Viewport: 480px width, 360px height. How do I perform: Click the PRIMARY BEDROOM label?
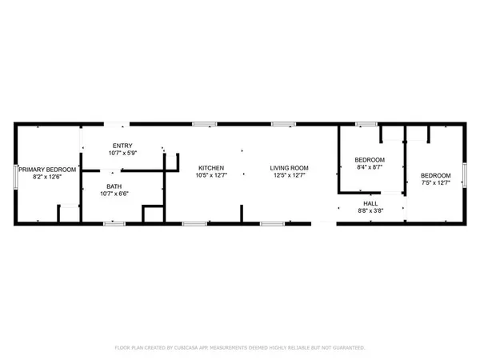click(48, 169)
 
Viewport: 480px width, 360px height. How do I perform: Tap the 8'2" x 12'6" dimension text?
click(48, 176)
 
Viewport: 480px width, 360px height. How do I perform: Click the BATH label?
click(114, 186)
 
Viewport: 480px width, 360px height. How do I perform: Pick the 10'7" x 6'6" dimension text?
click(114, 194)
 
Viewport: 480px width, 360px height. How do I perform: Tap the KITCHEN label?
click(211, 167)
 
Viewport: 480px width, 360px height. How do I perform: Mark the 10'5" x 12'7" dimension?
click(211, 175)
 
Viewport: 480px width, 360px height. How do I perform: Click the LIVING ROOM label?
click(289, 167)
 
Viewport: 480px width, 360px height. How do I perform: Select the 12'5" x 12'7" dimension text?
click(289, 175)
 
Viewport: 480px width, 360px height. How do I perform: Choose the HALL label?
click(370, 203)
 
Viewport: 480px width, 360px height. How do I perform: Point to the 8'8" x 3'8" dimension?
click(370, 210)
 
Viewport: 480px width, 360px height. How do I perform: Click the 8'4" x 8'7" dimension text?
click(370, 167)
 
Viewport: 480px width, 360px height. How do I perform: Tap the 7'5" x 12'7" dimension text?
click(436, 183)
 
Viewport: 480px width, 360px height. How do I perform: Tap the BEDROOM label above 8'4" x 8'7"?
click(370, 159)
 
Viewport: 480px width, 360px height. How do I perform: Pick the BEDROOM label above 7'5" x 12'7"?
click(436, 175)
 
